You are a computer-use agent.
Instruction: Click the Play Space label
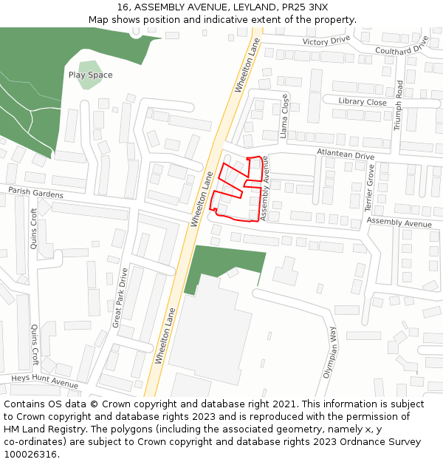[90, 75]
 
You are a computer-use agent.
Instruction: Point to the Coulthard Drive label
[402, 47]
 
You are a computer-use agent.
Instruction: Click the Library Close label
[363, 102]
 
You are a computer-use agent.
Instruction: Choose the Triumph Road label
[399, 106]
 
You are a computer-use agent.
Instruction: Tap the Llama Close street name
[284, 116]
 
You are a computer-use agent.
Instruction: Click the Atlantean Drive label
[346, 154]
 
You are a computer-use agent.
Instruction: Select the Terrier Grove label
[371, 188]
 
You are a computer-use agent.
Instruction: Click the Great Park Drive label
[119, 298]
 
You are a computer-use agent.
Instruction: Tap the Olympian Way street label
[329, 352]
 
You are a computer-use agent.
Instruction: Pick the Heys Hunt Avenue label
[44, 382]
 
